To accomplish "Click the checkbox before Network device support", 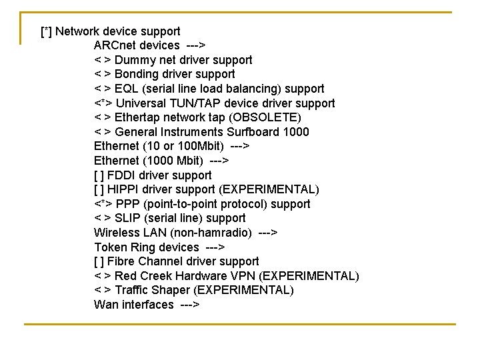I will pyautogui.click(x=47, y=31).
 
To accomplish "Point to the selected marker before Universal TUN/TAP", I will pyautogui.click(x=103, y=103).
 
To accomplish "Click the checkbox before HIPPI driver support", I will pyautogui.click(x=99, y=189).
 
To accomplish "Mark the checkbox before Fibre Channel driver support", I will pyautogui.click(x=99, y=261).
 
